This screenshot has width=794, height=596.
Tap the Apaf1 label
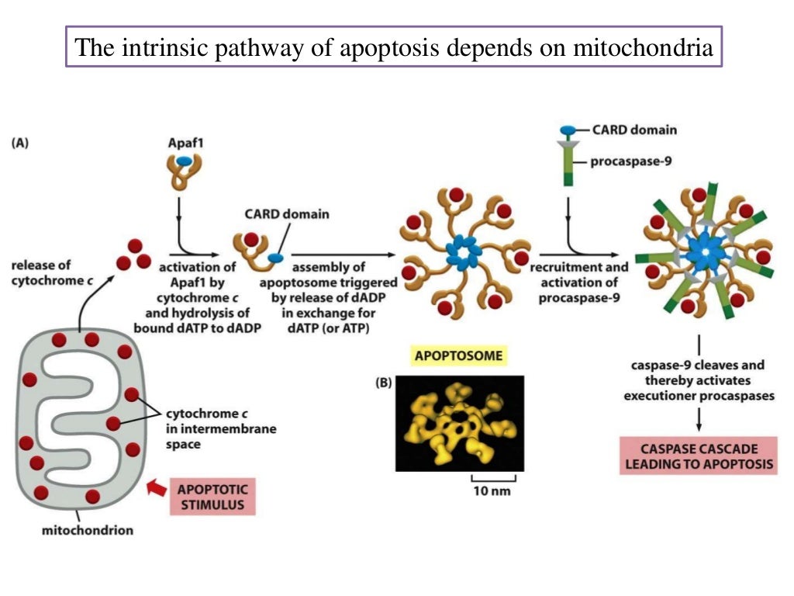184,144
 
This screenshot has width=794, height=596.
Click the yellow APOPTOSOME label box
457,356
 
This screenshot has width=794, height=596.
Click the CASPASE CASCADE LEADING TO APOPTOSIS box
699,457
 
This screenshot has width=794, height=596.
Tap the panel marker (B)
383,383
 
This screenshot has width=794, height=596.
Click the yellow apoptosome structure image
459,423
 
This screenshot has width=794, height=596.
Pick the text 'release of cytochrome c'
50,272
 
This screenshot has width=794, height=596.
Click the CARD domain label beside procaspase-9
633,130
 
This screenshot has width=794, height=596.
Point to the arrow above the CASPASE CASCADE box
699,418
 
